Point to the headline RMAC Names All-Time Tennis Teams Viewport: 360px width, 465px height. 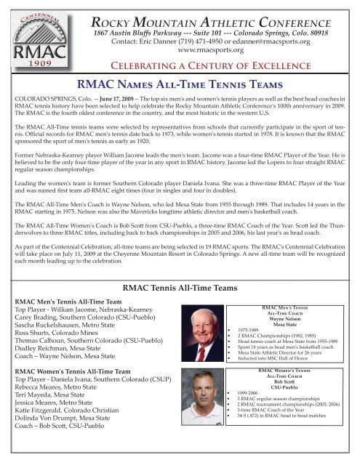[180, 89]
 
